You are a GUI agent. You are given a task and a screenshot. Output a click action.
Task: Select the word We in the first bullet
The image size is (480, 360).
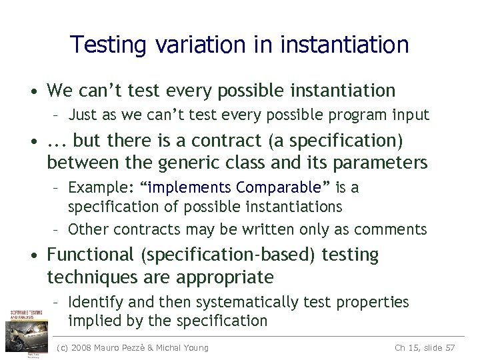pyautogui.click(x=59, y=90)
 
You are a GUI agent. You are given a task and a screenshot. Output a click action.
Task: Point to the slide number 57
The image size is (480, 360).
pyautogui.click(x=449, y=347)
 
